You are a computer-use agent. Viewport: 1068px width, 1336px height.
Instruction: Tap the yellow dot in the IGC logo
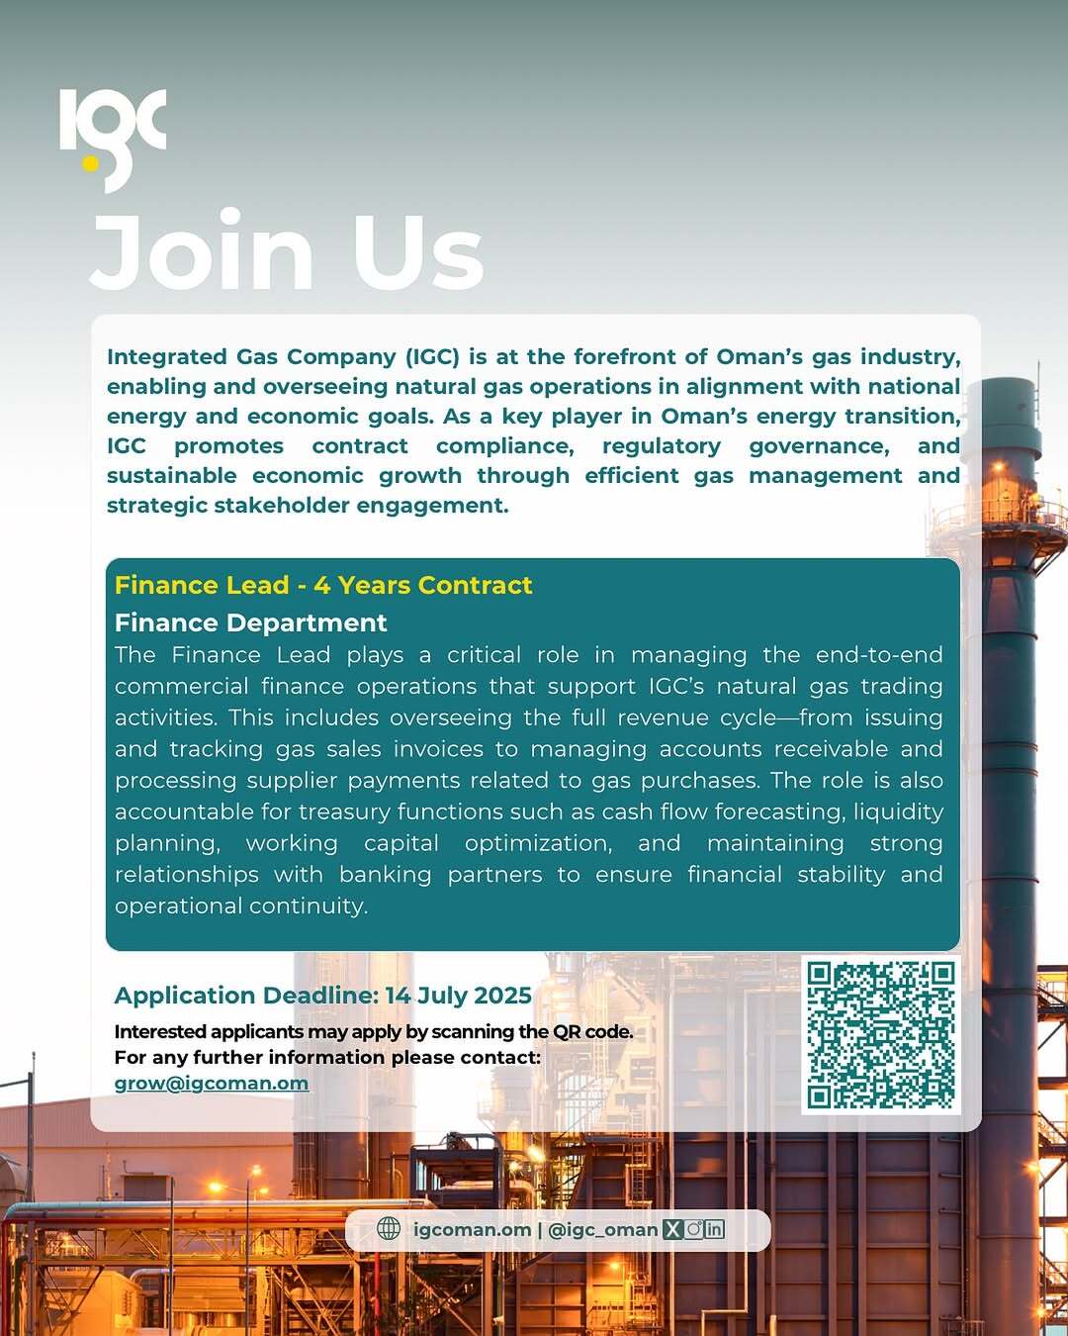pos(91,163)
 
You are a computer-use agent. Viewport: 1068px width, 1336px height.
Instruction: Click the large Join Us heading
pos(287,252)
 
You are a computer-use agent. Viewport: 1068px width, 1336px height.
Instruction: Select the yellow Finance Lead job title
pos(323,585)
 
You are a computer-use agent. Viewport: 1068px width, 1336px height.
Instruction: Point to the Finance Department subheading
pos(250,622)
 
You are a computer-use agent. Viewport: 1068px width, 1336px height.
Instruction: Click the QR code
pos(880,1034)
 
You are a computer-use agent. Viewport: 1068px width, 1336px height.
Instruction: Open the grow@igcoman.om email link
pos(212,1083)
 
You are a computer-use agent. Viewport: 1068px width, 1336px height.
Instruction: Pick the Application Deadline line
pos(322,995)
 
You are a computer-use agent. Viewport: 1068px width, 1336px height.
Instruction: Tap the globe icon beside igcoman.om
pos(390,1229)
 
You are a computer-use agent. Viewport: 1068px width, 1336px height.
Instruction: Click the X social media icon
pos(672,1229)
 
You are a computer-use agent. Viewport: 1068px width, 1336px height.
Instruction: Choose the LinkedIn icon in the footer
pos(714,1229)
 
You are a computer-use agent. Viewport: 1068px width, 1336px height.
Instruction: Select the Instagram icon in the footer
pos(693,1229)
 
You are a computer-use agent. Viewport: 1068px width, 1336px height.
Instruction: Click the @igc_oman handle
pos(602,1229)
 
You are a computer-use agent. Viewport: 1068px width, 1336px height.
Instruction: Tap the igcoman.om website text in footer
pos(472,1229)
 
